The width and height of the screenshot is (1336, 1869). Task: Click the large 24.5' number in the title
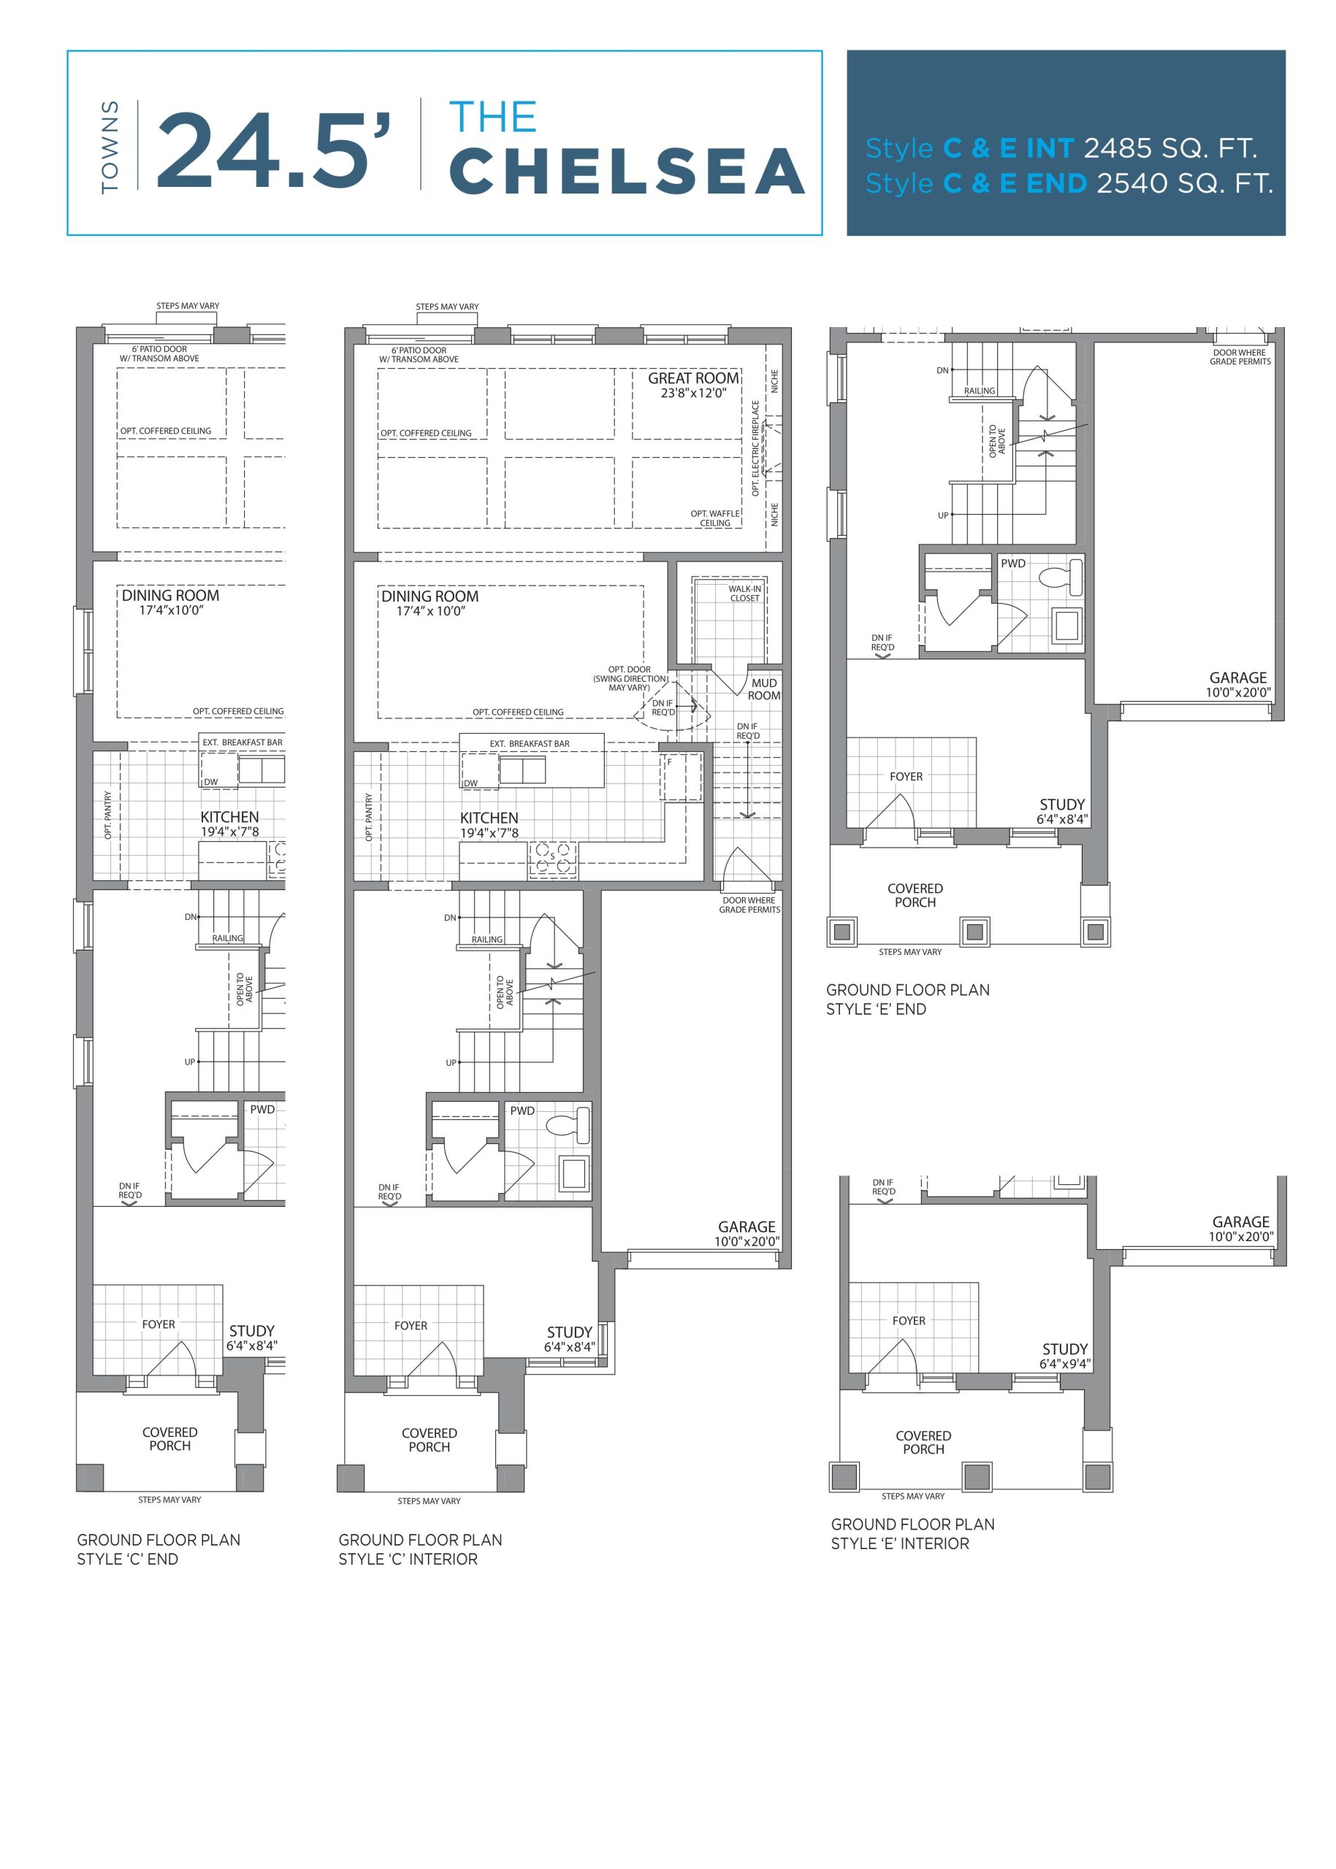tap(272, 150)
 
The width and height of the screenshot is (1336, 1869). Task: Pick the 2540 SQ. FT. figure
tap(1185, 183)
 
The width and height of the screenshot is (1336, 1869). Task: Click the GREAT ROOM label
tap(693, 378)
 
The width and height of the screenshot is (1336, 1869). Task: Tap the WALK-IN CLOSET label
tap(744, 594)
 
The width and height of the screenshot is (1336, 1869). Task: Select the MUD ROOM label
tap(764, 689)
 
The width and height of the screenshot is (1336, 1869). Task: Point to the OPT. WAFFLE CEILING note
tap(715, 518)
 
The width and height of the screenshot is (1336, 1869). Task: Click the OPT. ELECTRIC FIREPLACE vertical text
tap(756, 448)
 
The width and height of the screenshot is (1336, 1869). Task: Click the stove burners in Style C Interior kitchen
tap(553, 857)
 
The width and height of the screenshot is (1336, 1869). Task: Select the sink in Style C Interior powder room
tap(573, 1173)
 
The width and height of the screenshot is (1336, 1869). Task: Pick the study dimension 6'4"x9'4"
tap(1064, 1364)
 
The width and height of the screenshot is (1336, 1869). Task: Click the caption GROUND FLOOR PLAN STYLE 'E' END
tap(907, 999)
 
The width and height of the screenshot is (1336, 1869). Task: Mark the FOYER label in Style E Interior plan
tap(908, 1321)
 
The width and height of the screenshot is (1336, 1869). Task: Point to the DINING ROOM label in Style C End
tap(170, 595)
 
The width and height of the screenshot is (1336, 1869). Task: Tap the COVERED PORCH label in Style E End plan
tap(915, 896)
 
